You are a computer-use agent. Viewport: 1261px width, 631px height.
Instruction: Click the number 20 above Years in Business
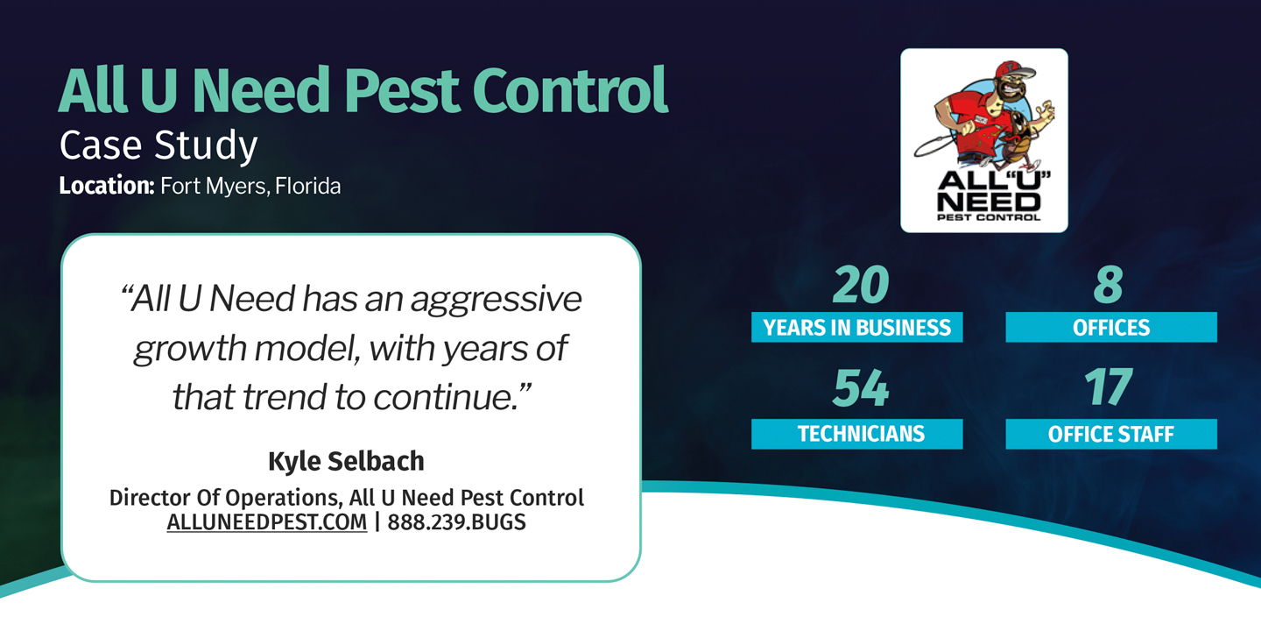point(861,285)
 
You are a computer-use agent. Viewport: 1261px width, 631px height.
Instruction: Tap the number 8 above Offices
point(1109,285)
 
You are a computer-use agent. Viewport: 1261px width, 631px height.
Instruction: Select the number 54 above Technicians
point(861,389)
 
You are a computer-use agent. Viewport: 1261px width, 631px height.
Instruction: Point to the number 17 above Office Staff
point(1109,389)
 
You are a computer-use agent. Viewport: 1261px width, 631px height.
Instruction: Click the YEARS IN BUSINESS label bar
point(856,328)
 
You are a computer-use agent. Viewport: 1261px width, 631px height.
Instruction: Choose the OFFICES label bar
point(1110,328)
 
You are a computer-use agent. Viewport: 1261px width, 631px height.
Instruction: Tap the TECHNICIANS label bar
point(856,434)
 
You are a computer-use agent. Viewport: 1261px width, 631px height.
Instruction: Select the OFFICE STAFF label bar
point(1110,434)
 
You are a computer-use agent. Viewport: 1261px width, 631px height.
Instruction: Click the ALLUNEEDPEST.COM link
point(267,522)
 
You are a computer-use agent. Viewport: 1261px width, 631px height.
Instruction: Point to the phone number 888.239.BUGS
point(456,522)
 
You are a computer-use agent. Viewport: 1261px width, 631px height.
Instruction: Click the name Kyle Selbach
point(346,461)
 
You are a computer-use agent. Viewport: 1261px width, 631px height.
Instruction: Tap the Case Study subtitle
point(159,145)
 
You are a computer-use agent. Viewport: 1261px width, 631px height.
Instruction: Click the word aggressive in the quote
point(496,300)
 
